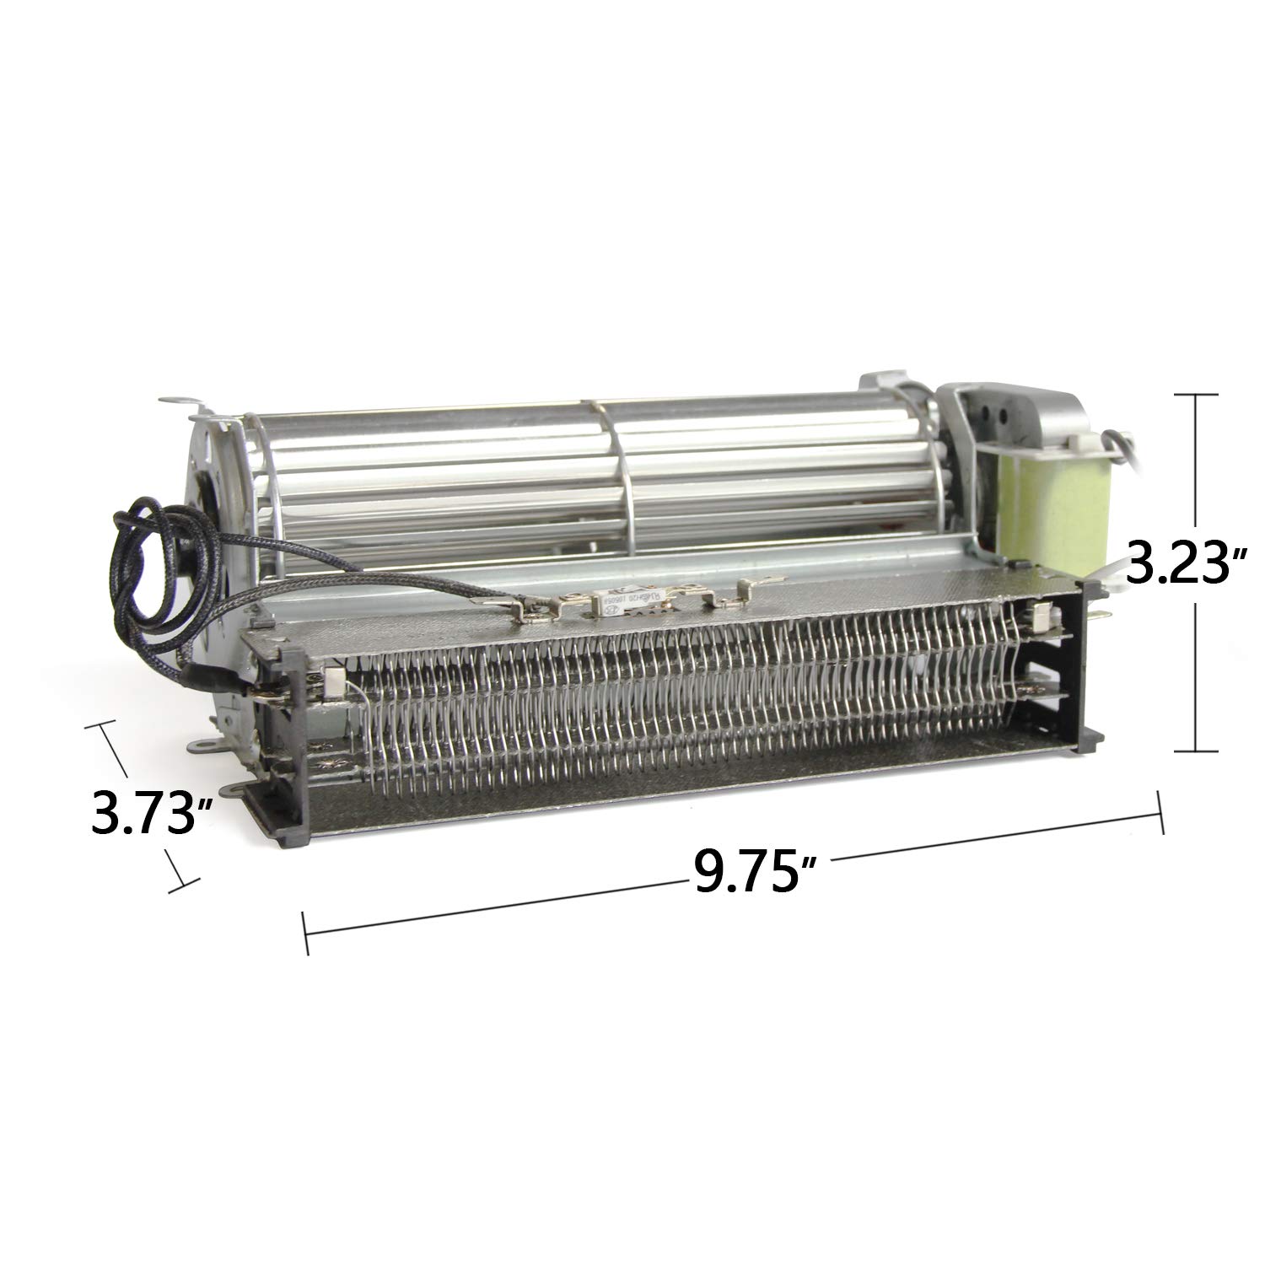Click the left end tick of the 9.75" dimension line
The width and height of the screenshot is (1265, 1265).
(x=305, y=932)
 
